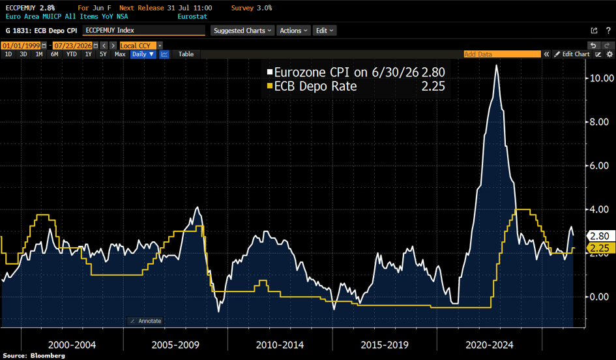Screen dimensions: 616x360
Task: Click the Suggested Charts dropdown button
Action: point(242,31)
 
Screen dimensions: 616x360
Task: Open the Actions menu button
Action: point(293,31)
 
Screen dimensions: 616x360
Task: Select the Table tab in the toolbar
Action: point(186,54)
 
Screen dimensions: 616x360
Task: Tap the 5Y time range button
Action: point(104,54)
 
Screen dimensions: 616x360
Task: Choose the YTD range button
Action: point(72,54)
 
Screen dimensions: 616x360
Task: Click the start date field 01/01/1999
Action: point(22,46)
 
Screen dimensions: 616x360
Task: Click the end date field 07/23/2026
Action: point(72,46)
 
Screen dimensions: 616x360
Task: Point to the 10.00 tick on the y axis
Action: point(602,78)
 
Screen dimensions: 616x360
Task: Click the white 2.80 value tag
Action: point(600,236)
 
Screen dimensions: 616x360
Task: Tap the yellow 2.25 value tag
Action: point(600,248)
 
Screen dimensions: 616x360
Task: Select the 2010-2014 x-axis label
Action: point(280,345)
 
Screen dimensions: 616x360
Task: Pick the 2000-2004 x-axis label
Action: point(72,345)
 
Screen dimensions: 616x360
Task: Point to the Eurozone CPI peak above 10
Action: point(497,66)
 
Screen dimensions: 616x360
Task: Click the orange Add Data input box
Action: point(502,54)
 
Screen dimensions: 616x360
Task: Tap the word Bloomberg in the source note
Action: point(48,355)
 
